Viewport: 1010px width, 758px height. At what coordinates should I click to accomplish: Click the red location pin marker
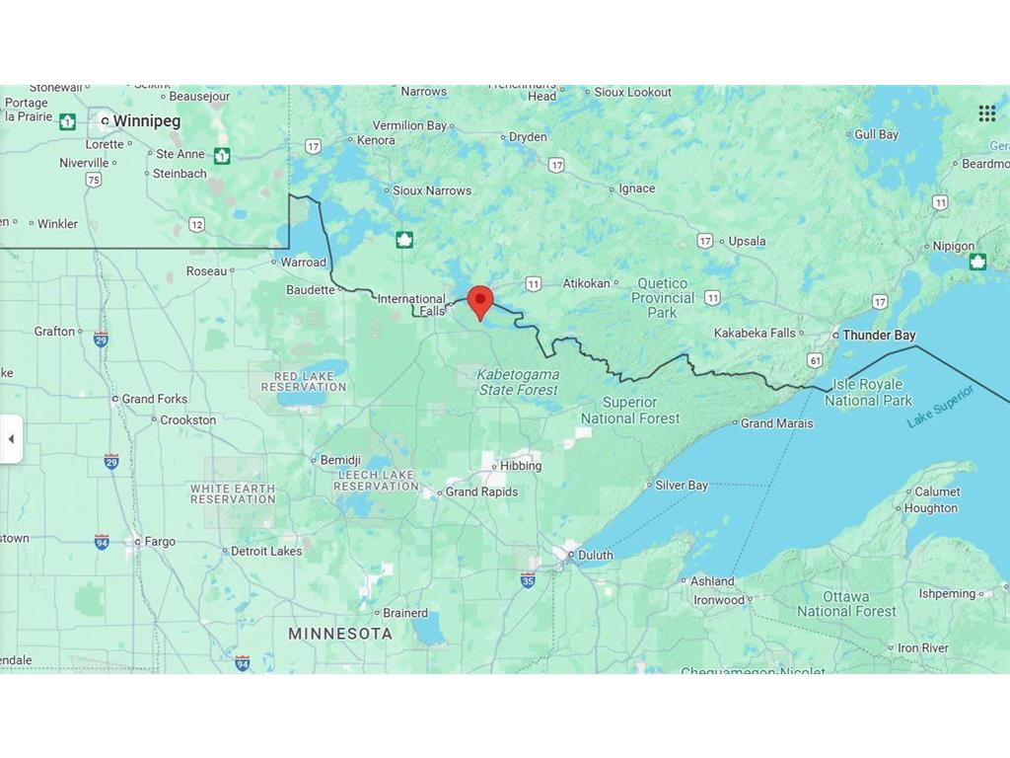coord(480,301)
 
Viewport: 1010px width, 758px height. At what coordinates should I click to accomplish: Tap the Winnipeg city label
coord(146,120)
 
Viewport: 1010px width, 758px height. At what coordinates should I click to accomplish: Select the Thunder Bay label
coord(879,336)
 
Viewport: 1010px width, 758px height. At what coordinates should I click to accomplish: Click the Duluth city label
coord(595,555)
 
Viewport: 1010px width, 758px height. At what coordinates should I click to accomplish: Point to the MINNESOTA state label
coord(340,634)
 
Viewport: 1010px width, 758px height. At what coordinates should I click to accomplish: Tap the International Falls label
coord(412,305)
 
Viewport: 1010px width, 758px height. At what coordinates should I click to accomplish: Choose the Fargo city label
coord(160,541)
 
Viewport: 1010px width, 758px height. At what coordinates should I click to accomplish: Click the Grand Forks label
coord(154,399)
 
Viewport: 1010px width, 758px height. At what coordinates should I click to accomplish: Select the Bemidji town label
coord(340,460)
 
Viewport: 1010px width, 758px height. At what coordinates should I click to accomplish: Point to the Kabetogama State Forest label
coord(519,382)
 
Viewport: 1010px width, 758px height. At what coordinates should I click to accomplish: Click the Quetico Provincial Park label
coord(663,298)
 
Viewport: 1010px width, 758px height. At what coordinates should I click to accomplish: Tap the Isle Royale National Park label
coord(868,392)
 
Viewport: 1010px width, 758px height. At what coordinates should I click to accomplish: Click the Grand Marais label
coord(777,423)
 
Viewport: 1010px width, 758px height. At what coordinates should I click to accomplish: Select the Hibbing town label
coord(521,466)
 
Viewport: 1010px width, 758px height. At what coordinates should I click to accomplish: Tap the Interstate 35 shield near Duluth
coord(529,579)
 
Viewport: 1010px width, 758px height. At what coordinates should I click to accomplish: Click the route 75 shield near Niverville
coord(94,180)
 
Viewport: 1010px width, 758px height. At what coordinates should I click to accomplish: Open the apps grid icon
coord(986,114)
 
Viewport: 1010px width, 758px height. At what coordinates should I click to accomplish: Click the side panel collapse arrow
coord(11,439)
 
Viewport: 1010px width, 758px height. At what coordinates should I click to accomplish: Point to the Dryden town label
coord(528,137)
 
